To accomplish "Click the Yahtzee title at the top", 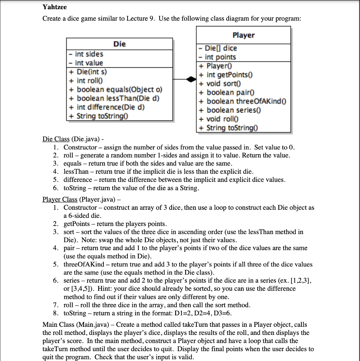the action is (x=54, y=7).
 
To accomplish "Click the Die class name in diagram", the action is (x=119, y=44).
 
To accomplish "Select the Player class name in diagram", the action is (x=243, y=35).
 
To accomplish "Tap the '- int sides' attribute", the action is (x=86, y=54).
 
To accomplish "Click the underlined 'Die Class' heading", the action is (x=56, y=139).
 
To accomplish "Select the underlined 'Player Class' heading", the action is (x=60, y=200).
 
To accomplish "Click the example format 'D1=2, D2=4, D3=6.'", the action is (x=205, y=313).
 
